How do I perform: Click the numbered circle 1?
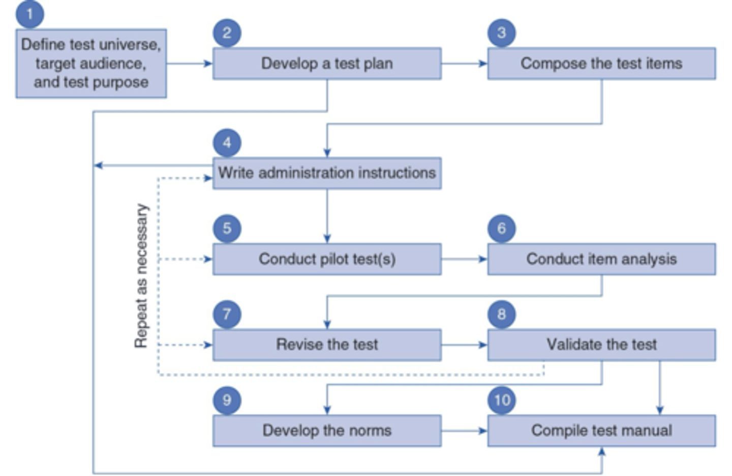(x=29, y=14)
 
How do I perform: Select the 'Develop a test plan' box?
(x=327, y=64)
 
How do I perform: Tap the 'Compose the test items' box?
(x=601, y=64)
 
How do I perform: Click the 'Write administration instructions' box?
(x=327, y=173)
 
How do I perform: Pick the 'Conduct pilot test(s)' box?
(x=327, y=259)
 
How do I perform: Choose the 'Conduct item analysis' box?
(x=601, y=259)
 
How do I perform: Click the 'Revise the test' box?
(x=327, y=345)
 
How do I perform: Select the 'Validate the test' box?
(x=601, y=345)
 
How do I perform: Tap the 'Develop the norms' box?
(x=327, y=431)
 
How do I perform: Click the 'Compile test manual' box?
(x=601, y=431)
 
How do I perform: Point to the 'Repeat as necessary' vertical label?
(x=141, y=276)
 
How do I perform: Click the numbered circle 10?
(x=502, y=400)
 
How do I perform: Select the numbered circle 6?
(x=502, y=228)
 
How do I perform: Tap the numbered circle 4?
(x=227, y=143)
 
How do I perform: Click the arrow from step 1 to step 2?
(x=189, y=64)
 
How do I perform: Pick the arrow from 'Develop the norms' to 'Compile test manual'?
(x=464, y=431)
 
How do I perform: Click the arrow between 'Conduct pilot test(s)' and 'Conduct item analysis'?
(x=464, y=259)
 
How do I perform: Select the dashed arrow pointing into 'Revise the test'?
(x=186, y=345)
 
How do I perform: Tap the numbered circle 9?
(x=227, y=400)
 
